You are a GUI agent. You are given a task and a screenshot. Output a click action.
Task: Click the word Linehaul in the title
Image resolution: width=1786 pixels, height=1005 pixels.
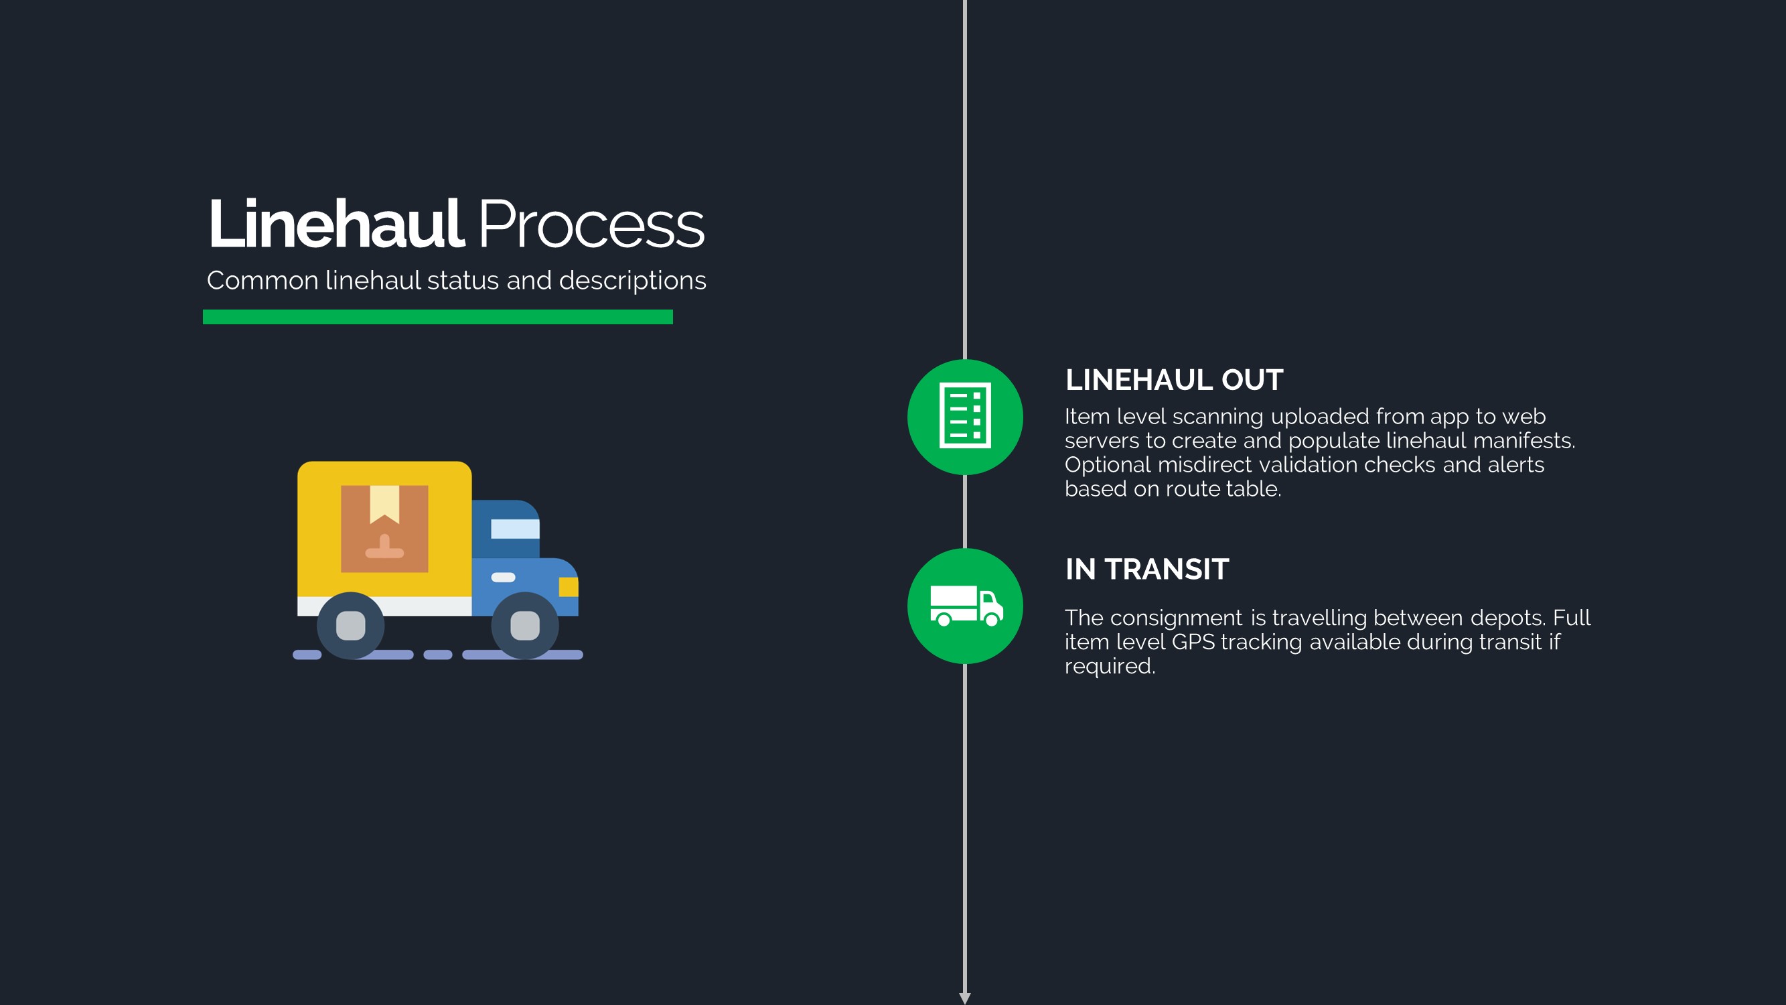pyautogui.click(x=336, y=224)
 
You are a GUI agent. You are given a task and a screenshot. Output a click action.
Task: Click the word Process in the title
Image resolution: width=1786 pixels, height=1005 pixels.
pyautogui.click(x=591, y=224)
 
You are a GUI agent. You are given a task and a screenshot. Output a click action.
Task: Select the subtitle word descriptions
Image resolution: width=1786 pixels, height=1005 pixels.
pyautogui.click(x=632, y=281)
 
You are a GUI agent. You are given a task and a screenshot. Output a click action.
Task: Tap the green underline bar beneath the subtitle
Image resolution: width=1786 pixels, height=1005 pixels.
pyautogui.click(x=437, y=317)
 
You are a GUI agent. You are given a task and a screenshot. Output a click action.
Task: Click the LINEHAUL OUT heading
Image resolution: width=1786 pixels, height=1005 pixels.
pyautogui.click(x=1174, y=380)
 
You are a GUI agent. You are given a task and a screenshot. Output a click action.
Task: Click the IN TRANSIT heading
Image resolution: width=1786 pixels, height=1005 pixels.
pyautogui.click(x=1146, y=569)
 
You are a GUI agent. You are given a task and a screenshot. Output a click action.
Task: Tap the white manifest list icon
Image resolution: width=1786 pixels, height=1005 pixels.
pyautogui.click(x=964, y=416)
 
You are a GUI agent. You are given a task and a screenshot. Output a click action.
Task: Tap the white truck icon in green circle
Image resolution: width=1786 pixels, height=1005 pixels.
pyautogui.click(x=966, y=606)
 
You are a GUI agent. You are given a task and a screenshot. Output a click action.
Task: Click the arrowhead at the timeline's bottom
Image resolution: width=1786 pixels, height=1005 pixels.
pyautogui.click(x=964, y=998)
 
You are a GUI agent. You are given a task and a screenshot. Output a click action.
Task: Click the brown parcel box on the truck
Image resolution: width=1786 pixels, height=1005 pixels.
pyautogui.click(x=384, y=529)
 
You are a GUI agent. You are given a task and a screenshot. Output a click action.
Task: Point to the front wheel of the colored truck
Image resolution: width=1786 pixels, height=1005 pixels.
pyautogui.click(x=525, y=626)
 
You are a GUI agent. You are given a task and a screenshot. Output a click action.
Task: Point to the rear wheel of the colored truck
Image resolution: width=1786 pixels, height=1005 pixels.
pyautogui.click(x=351, y=626)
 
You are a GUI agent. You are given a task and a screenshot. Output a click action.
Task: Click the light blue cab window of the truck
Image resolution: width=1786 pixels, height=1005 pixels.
pyautogui.click(x=515, y=529)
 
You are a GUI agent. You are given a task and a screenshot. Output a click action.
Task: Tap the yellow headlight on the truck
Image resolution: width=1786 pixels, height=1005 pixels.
pyautogui.click(x=569, y=587)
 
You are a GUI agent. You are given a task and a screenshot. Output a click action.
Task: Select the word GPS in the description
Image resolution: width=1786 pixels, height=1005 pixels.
pyautogui.click(x=1193, y=643)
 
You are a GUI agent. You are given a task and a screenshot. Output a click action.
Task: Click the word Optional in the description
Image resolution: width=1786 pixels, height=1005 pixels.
pyautogui.click(x=1108, y=466)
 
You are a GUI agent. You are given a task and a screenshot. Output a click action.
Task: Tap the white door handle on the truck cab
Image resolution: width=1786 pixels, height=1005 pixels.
pyautogui.click(x=504, y=577)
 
